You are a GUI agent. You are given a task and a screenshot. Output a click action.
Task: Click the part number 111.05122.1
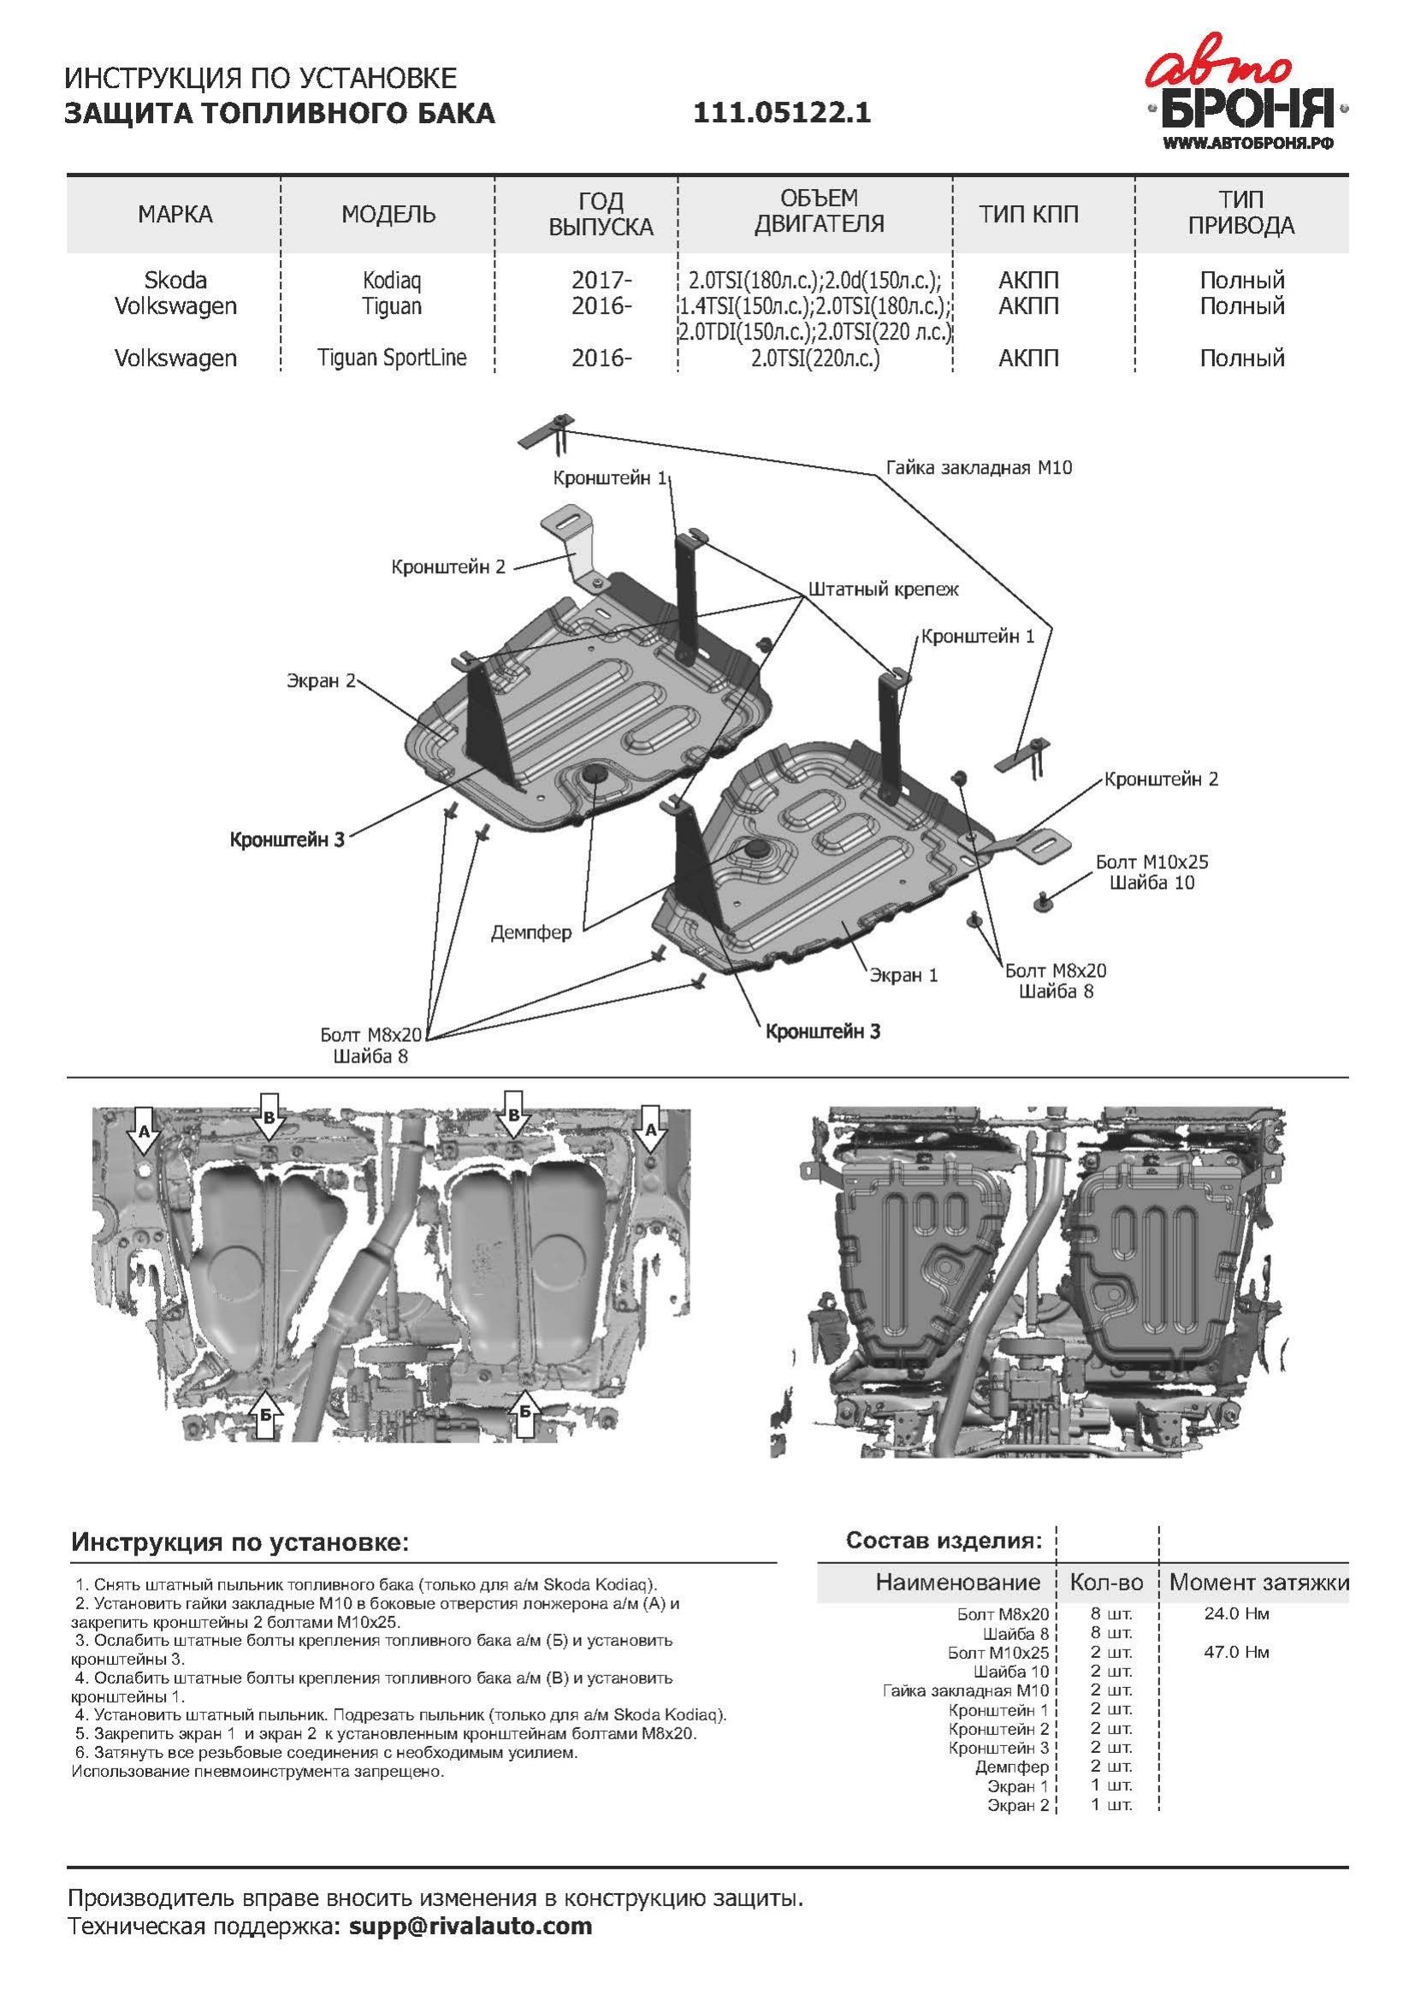(782, 113)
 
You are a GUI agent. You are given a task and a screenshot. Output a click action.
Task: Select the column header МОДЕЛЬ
(388, 215)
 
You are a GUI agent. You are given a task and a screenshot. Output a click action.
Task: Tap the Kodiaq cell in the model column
(391, 281)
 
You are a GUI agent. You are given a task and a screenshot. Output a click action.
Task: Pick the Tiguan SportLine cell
(391, 358)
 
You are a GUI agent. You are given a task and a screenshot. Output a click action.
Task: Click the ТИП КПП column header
(1028, 215)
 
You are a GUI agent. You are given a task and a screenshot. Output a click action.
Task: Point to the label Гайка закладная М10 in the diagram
(979, 468)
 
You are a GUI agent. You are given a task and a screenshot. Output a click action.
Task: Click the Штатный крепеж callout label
(883, 589)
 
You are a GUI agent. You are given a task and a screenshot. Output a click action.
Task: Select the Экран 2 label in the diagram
(321, 681)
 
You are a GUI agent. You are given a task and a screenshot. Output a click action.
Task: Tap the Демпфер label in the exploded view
(530, 933)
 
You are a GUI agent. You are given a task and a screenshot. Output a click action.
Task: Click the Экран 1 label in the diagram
(903, 975)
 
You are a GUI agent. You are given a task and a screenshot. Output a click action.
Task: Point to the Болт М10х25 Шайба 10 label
(1152, 873)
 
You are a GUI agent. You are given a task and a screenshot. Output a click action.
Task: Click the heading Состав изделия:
(944, 1540)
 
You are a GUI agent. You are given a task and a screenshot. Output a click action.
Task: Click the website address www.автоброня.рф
(1247, 144)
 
